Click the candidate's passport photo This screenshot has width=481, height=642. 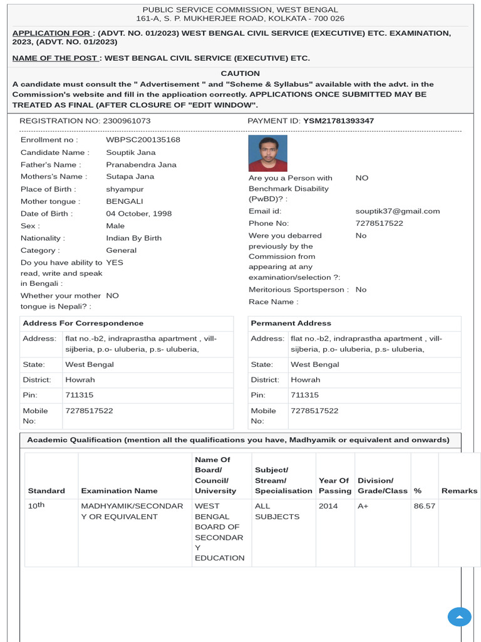tap(268, 153)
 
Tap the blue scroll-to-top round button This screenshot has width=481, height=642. tap(459, 617)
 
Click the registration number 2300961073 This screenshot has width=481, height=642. tap(120, 120)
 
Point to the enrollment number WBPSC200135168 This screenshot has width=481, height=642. tap(143, 140)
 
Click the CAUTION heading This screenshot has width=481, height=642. tap(240, 73)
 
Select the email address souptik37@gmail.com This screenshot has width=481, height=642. tap(398, 211)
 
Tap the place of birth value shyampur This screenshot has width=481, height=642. tap(125, 189)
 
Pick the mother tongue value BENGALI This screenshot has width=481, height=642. tap(125, 201)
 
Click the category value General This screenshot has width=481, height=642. tap(121, 250)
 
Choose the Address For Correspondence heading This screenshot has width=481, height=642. tap(83, 323)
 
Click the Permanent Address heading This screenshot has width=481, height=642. tap(291, 323)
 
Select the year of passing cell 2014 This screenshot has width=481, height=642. tap(328, 506)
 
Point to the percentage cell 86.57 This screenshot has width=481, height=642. tap(424, 506)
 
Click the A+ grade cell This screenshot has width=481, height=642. tap(363, 506)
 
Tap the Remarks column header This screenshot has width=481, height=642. tap(459, 490)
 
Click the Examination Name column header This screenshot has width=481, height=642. tap(119, 490)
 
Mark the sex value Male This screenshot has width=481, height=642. tap(115, 226)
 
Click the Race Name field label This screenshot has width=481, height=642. tap(273, 302)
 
